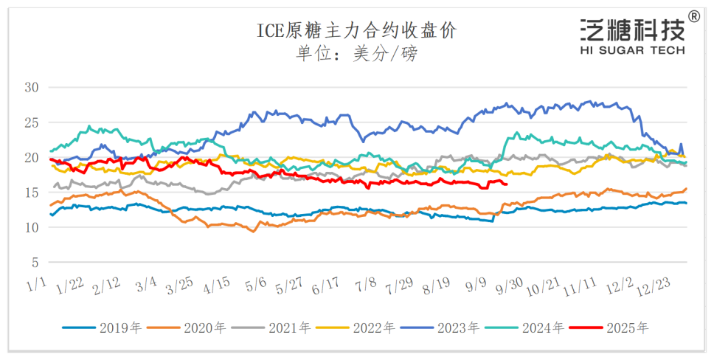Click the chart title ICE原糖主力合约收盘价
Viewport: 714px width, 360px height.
click(356, 30)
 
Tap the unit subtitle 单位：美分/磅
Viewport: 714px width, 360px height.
click(356, 54)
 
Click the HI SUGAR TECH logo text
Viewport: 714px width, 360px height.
click(633, 50)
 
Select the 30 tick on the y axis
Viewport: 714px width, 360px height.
click(32, 88)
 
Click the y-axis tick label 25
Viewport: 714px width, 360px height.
click(32, 122)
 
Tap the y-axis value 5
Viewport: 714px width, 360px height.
click(35, 263)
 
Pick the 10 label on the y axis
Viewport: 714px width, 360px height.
click(32, 227)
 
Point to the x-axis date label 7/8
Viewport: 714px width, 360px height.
click(367, 284)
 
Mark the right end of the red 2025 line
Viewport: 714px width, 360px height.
click(506, 184)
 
